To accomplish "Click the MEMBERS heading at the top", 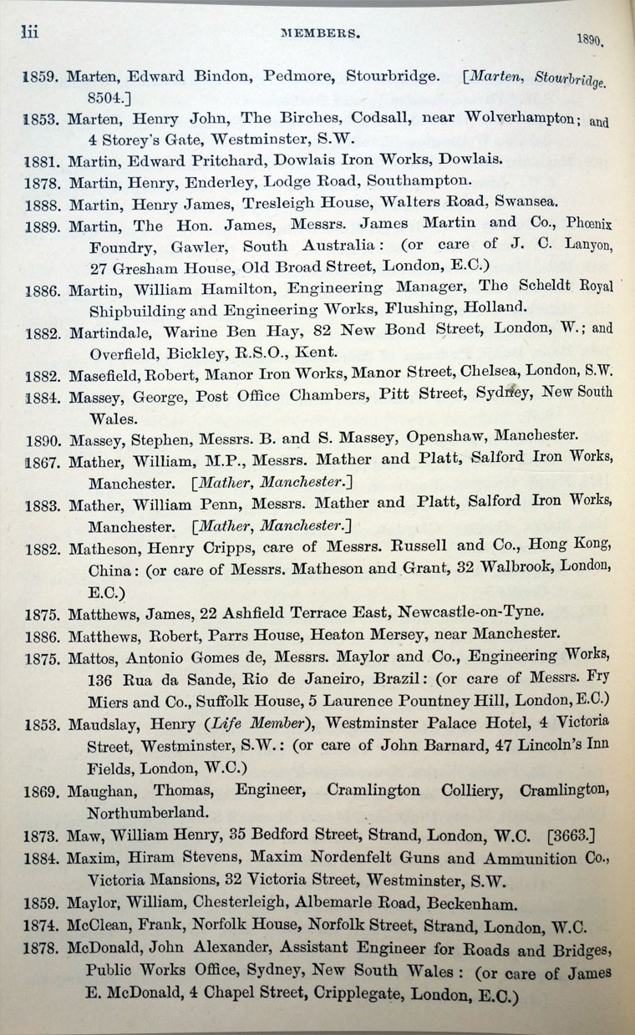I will point(321,35).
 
